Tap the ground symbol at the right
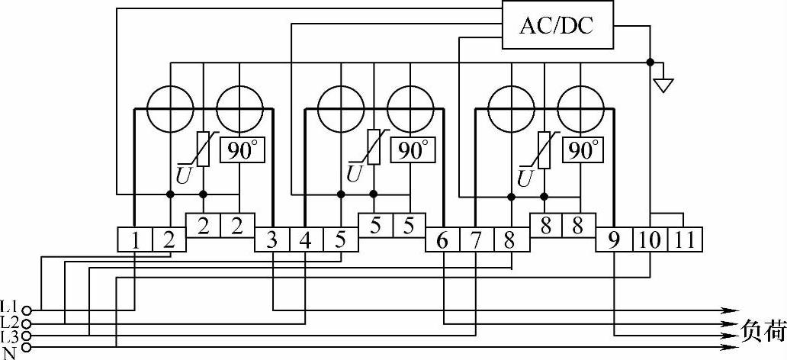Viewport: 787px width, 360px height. point(664,82)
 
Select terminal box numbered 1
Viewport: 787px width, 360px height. point(135,241)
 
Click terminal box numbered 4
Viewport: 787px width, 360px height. point(306,241)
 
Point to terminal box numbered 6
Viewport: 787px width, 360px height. point(443,241)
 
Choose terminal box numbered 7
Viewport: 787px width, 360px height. point(477,241)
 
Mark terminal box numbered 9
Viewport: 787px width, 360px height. point(614,241)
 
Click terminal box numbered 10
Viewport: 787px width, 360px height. point(649,241)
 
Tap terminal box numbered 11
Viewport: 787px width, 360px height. point(684,241)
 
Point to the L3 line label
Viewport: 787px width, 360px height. point(9,335)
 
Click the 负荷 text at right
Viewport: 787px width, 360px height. point(763,330)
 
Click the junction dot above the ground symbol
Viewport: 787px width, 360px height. point(650,62)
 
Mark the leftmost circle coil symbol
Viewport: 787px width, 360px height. point(169,109)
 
